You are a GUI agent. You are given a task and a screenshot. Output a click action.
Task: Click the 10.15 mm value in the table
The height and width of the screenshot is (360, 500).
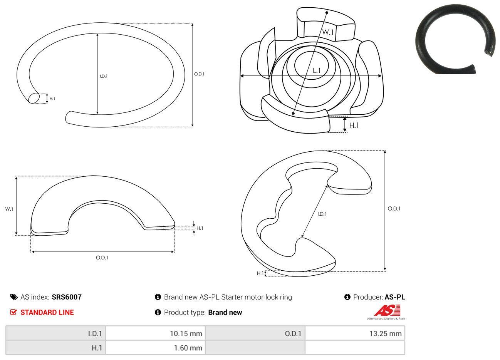tap(186, 333)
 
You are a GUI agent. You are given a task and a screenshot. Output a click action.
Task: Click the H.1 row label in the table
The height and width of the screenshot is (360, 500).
tap(97, 348)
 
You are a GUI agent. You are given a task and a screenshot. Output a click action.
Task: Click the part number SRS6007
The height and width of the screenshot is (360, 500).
tap(67, 297)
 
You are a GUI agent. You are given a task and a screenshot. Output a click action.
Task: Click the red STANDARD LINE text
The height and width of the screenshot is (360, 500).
tap(47, 312)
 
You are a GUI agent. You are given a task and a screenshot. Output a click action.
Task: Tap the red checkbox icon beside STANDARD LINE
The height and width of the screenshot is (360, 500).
tap(13, 312)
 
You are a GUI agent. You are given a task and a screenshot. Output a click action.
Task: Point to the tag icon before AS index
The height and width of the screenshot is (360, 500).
tap(14, 297)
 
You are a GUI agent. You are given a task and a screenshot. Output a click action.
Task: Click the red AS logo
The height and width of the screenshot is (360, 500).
tap(387, 310)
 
